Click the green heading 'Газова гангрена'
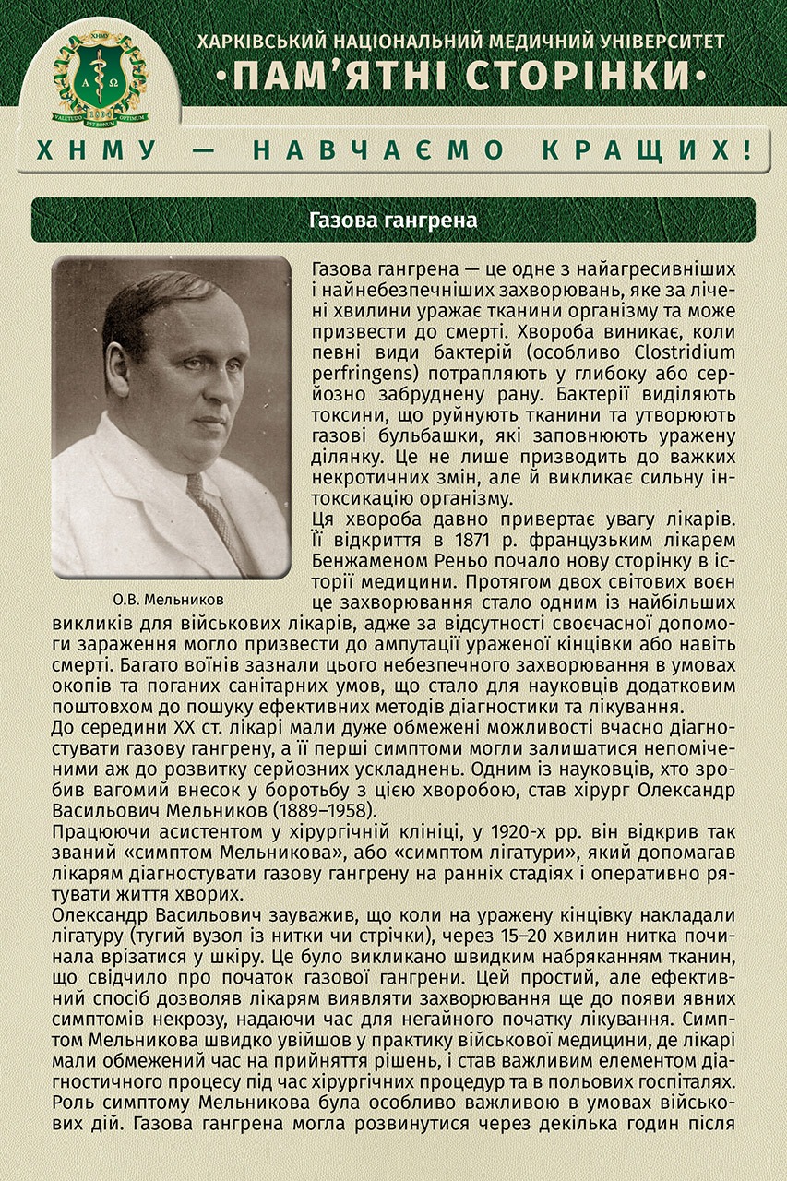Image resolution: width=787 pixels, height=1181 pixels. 393,221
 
